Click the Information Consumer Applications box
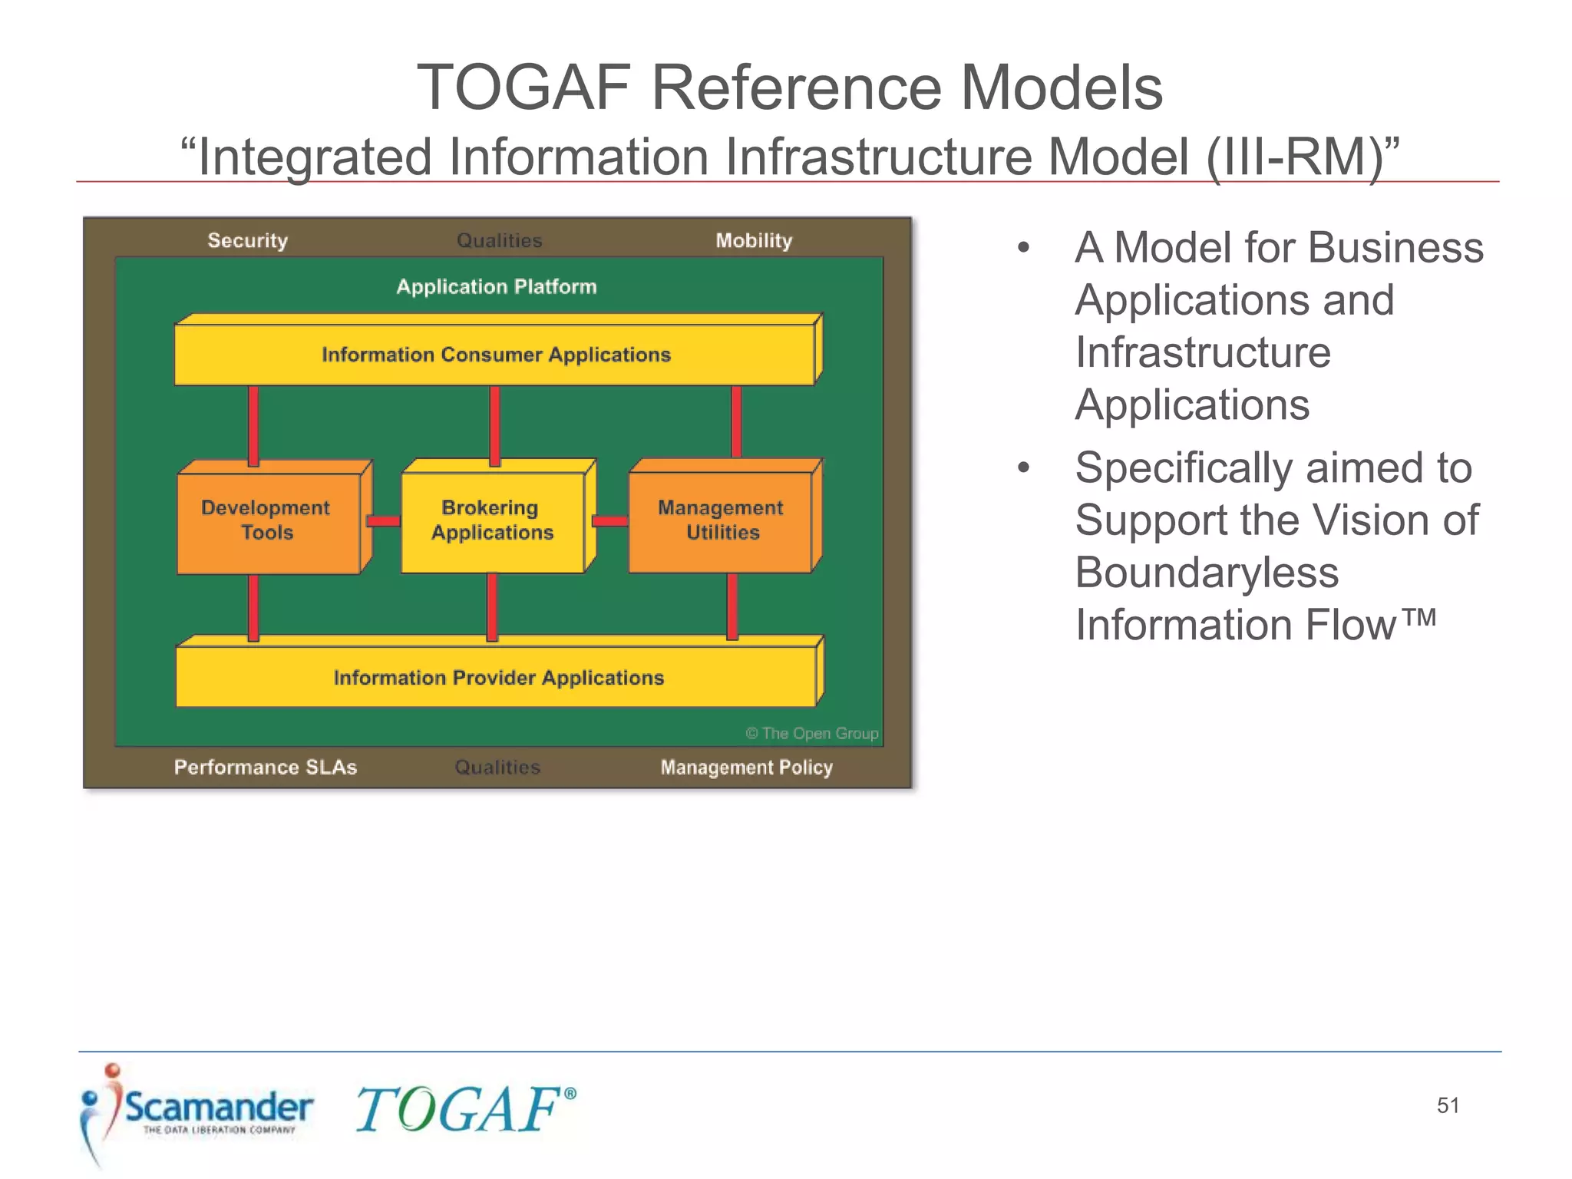495,355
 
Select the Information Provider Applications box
497,677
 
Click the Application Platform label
496,286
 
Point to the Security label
247,240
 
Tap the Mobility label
754,240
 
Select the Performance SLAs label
266,767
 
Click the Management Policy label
746,767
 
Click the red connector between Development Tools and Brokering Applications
383,521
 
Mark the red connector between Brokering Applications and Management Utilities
610,521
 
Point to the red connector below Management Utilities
732,606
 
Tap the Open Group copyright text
811,733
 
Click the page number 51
1448,1105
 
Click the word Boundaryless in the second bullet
1207,573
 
